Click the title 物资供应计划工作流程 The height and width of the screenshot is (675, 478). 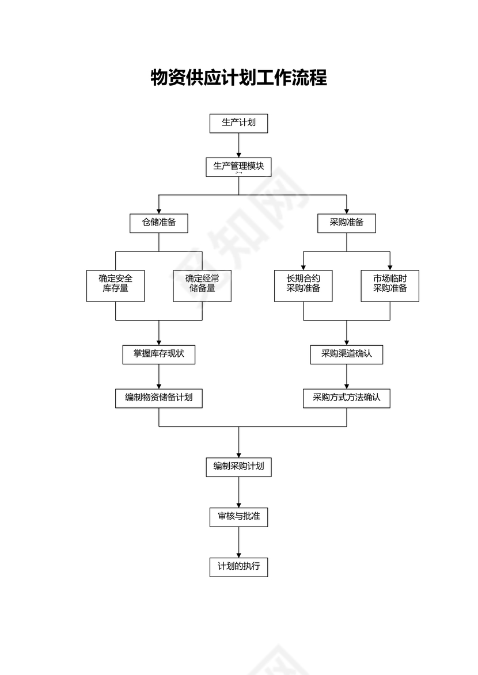[238, 78]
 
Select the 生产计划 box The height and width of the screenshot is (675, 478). [238, 123]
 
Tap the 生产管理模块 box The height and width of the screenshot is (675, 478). [238, 167]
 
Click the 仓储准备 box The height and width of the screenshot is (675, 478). [159, 223]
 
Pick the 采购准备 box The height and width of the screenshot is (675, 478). [347, 223]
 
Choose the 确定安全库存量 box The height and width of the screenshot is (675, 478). [116, 285]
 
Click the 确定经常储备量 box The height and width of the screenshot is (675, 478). [202, 285]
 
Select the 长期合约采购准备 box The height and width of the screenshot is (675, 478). [304, 285]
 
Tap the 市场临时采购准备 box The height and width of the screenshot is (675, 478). [390, 285]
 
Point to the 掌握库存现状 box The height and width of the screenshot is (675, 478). [159, 354]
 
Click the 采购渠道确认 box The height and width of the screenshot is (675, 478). [347, 354]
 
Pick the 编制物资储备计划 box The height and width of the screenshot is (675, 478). [159, 398]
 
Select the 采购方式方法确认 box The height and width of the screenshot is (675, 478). [347, 398]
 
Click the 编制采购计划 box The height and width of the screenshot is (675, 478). [238, 467]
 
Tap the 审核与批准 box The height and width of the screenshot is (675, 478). [238, 517]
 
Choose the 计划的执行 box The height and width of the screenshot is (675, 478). [238, 567]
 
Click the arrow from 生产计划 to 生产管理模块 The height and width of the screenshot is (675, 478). [238, 145]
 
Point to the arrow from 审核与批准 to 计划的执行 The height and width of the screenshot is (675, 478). [238, 542]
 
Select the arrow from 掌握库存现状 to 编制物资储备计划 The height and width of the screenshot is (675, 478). [159, 376]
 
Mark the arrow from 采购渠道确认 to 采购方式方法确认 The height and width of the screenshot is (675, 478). [347, 376]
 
